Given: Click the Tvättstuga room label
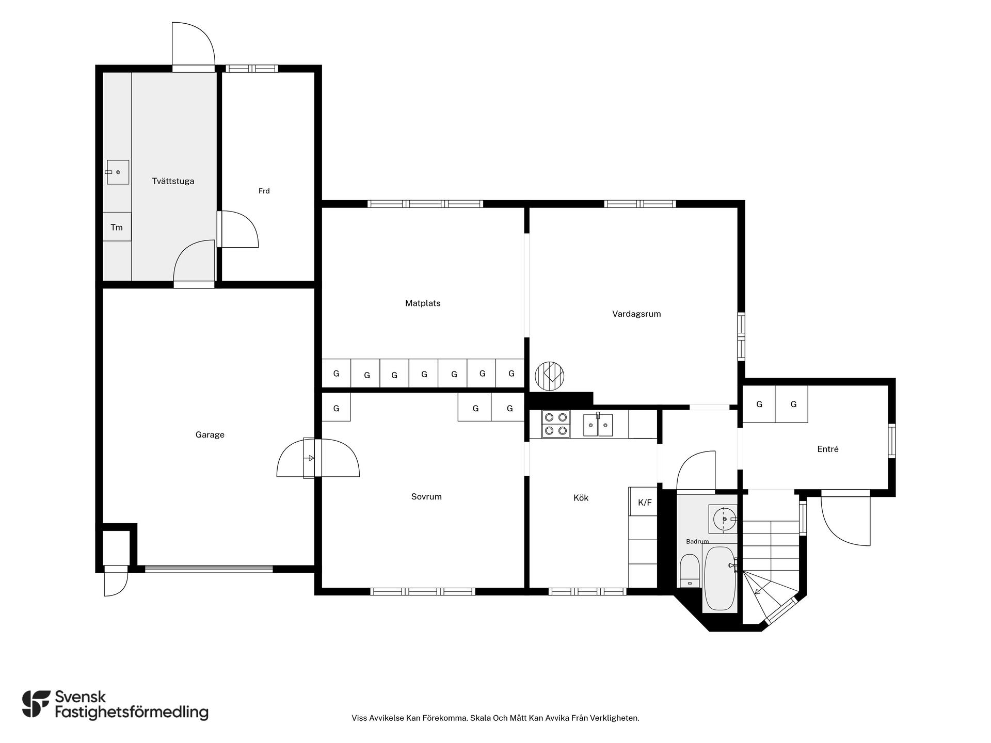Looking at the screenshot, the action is click(173, 181).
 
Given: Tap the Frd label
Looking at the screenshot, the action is click(264, 191).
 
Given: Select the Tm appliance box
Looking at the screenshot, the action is click(117, 227).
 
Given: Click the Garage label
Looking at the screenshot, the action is click(210, 434).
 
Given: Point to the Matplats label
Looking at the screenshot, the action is click(423, 303).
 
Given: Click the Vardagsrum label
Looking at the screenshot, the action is click(636, 314).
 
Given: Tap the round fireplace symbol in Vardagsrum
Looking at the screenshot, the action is click(550, 376).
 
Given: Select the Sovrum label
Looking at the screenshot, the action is click(426, 497).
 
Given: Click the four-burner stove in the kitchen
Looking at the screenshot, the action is click(556, 424).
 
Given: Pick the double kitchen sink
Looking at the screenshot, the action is click(598, 425).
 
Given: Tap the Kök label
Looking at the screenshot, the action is click(581, 498).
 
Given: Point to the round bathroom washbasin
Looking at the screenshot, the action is click(723, 519).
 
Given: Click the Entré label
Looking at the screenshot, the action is click(828, 449).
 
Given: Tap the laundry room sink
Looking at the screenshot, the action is click(118, 172).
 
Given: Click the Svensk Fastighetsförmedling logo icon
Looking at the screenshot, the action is click(36, 704).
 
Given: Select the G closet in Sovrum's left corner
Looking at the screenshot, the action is click(336, 408).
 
